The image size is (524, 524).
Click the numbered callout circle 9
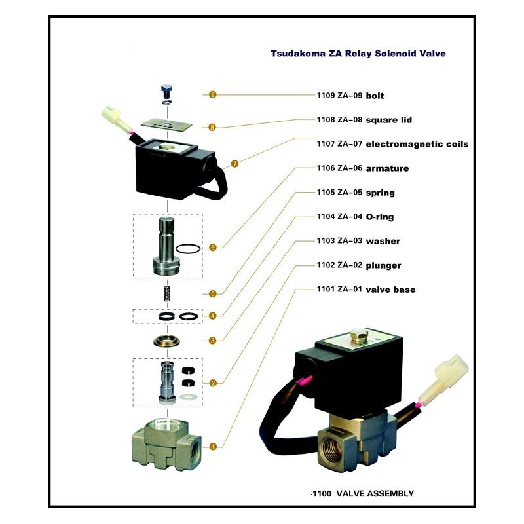(212, 95)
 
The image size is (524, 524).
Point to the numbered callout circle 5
(213, 293)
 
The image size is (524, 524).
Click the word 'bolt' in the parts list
(375, 96)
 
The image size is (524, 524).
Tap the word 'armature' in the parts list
(387, 168)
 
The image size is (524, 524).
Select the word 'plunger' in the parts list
(383, 265)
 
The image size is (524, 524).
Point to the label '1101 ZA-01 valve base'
(365, 290)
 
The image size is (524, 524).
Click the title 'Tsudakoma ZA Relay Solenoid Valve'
(358, 54)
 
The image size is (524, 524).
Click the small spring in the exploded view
(167, 294)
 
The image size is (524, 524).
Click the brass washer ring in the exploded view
(167, 341)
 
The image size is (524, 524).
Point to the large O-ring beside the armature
(187, 248)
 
